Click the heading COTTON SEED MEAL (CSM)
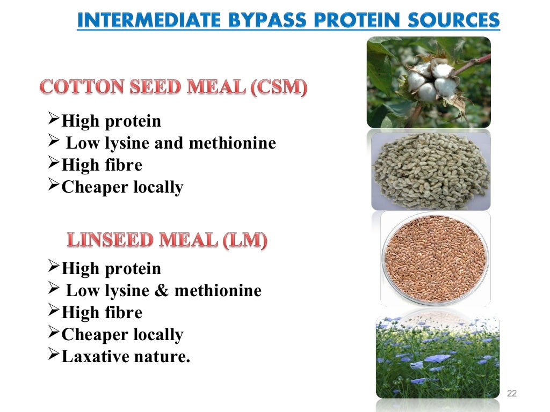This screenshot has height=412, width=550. coord(173,88)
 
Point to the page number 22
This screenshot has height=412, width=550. coord(511,394)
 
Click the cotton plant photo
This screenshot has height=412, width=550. coord(429,82)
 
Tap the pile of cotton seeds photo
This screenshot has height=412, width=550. coord(430,170)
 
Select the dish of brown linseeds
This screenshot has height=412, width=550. coord(435,259)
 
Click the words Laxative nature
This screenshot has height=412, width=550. coord(126,356)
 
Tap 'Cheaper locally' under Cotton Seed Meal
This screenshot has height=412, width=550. coord(122,187)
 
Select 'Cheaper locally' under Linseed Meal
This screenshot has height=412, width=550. coord(122,335)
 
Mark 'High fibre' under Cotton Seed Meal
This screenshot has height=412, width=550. coord(102,165)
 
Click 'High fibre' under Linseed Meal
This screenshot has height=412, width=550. coord(102,313)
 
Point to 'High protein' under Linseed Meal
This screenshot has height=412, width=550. coord(111,268)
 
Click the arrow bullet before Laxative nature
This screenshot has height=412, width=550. coord(53,355)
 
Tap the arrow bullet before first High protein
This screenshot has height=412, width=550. coord(53,120)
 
